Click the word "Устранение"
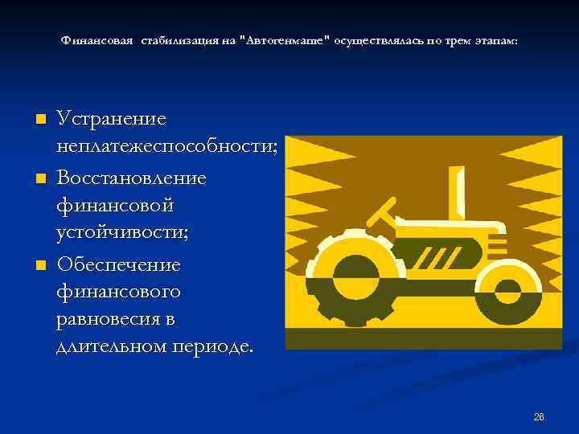pyautogui.click(x=112, y=119)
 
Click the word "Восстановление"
pyautogui.click(x=131, y=177)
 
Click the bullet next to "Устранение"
pyautogui.click(x=41, y=120)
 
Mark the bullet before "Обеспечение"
pyautogui.click(x=41, y=264)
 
